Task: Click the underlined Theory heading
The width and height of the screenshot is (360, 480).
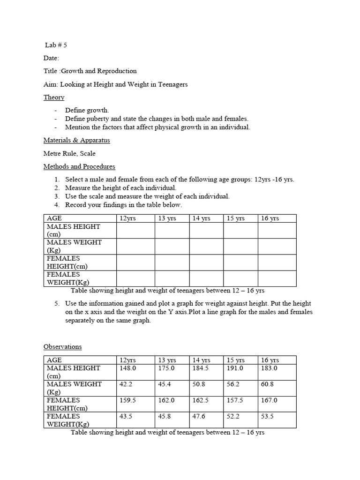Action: coord(54,97)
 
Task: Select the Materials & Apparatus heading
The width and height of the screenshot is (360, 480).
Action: coord(77,140)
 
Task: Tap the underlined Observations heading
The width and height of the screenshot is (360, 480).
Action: coord(62,347)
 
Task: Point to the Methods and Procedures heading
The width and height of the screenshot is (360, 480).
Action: coord(79,166)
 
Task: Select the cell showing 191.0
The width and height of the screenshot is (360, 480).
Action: coord(235,368)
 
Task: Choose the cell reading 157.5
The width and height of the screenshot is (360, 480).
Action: coord(235,400)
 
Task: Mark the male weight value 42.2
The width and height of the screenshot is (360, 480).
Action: coord(127,384)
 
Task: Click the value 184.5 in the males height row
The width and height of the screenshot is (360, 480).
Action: coord(201,368)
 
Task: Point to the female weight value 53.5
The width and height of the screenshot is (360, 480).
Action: coord(268,416)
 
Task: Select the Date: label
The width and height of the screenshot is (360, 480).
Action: coord(52,58)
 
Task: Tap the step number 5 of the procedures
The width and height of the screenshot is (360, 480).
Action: coord(56,304)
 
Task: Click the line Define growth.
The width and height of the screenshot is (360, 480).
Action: coord(87,110)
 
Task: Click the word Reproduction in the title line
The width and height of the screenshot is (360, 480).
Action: coord(117,71)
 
